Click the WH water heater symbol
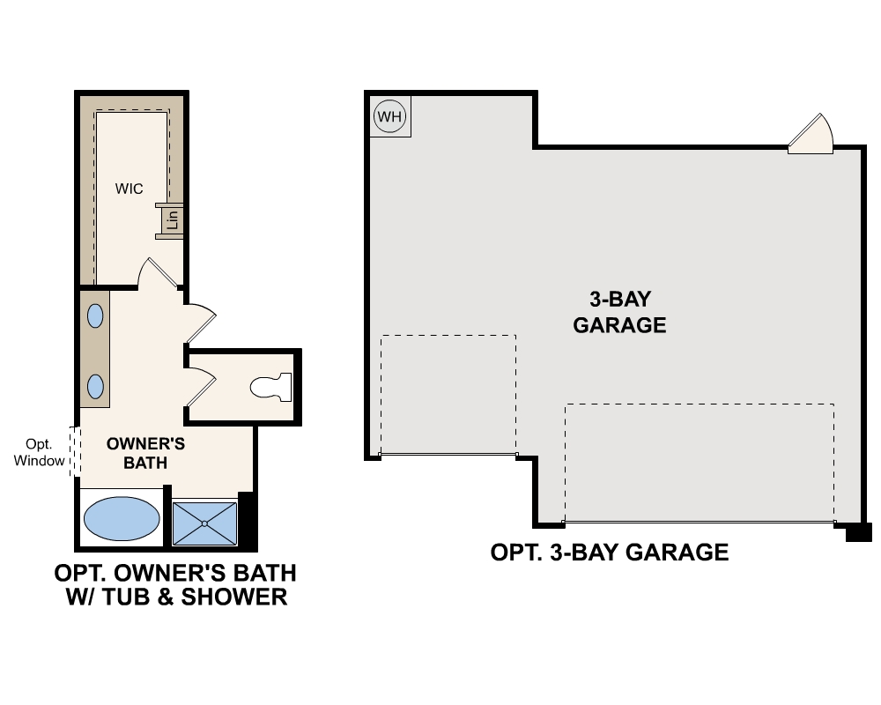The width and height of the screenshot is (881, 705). click(x=388, y=115)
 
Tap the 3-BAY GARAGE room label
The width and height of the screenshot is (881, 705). click(x=619, y=312)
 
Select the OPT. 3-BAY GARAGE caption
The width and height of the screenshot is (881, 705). click(x=610, y=553)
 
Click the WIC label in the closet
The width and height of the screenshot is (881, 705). click(x=129, y=189)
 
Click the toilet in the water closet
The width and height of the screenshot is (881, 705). click(x=270, y=387)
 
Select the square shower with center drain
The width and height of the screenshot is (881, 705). click(x=204, y=523)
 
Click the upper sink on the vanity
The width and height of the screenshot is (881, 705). click(x=94, y=315)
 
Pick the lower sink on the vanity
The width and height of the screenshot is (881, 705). click(x=94, y=386)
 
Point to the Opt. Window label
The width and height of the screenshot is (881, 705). click(x=40, y=451)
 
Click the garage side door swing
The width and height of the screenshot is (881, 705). click(x=811, y=135)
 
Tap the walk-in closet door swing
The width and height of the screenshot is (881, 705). click(x=159, y=273)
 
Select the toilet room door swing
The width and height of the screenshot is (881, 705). click(x=201, y=386)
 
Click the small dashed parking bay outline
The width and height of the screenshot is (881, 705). click(x=448, y=394)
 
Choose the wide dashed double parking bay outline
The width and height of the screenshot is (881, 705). click(x=699, y=462)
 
